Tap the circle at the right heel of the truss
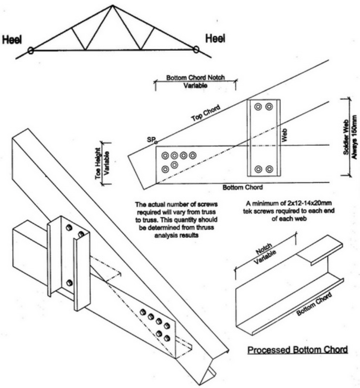coord(196,49)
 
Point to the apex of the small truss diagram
coord(113,5)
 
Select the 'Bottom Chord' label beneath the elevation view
coord(242,187)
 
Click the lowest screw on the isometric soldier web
coord(69,282)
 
